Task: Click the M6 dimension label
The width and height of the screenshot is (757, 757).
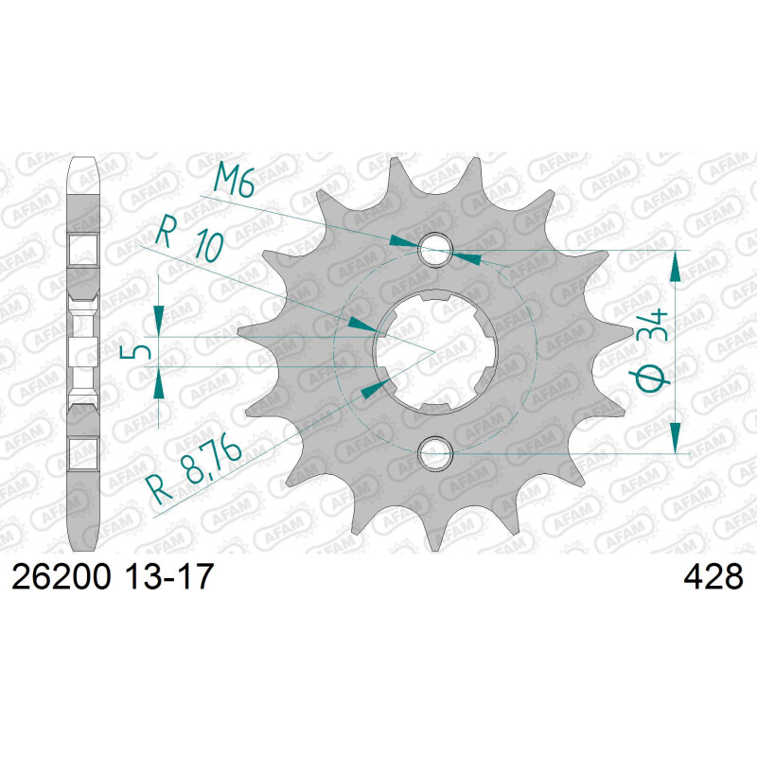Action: (234, 180)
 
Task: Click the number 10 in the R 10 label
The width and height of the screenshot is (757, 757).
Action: (209, 246)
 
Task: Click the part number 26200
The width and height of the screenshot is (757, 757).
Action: (62, 577)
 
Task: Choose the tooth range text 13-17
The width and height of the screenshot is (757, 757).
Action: (169, 577)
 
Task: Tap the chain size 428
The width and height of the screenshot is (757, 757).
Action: (713, 577)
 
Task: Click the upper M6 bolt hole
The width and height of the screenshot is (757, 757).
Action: (435, 249)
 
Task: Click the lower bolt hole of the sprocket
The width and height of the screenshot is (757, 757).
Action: (435, 454)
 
